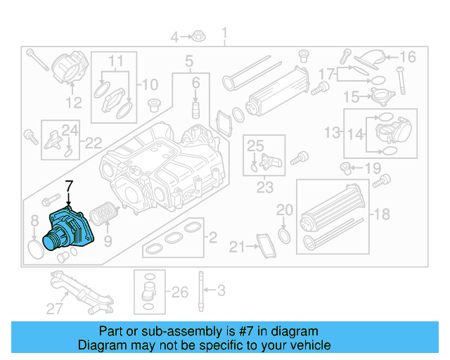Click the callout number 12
pyautogui.click(x=74, y=103)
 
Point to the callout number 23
pyautogui.click(x=264, y=188)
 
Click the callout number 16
pyautogui.click(x=409, y=57)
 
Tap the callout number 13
pyautogui.click(x=331, y=132)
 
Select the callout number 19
pyautogui.click(x=372, y=168)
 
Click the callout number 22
pyautogui.click(x=94, y=143)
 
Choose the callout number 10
pyautogui.click(x=150, y=86)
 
